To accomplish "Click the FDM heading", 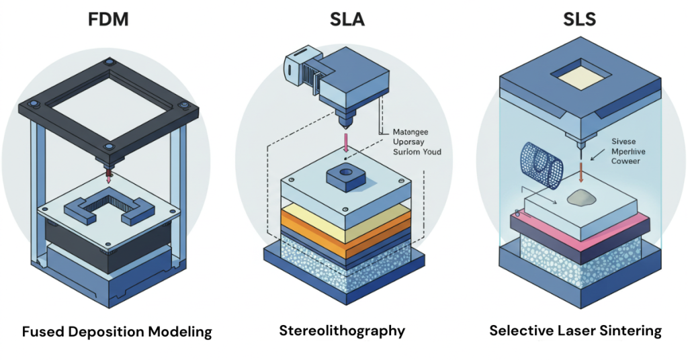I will [108, 19].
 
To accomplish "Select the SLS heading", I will [579, 19].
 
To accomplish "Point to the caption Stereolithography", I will [342, 331].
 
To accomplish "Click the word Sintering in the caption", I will [630, 331].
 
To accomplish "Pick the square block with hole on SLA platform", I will [344, 177].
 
